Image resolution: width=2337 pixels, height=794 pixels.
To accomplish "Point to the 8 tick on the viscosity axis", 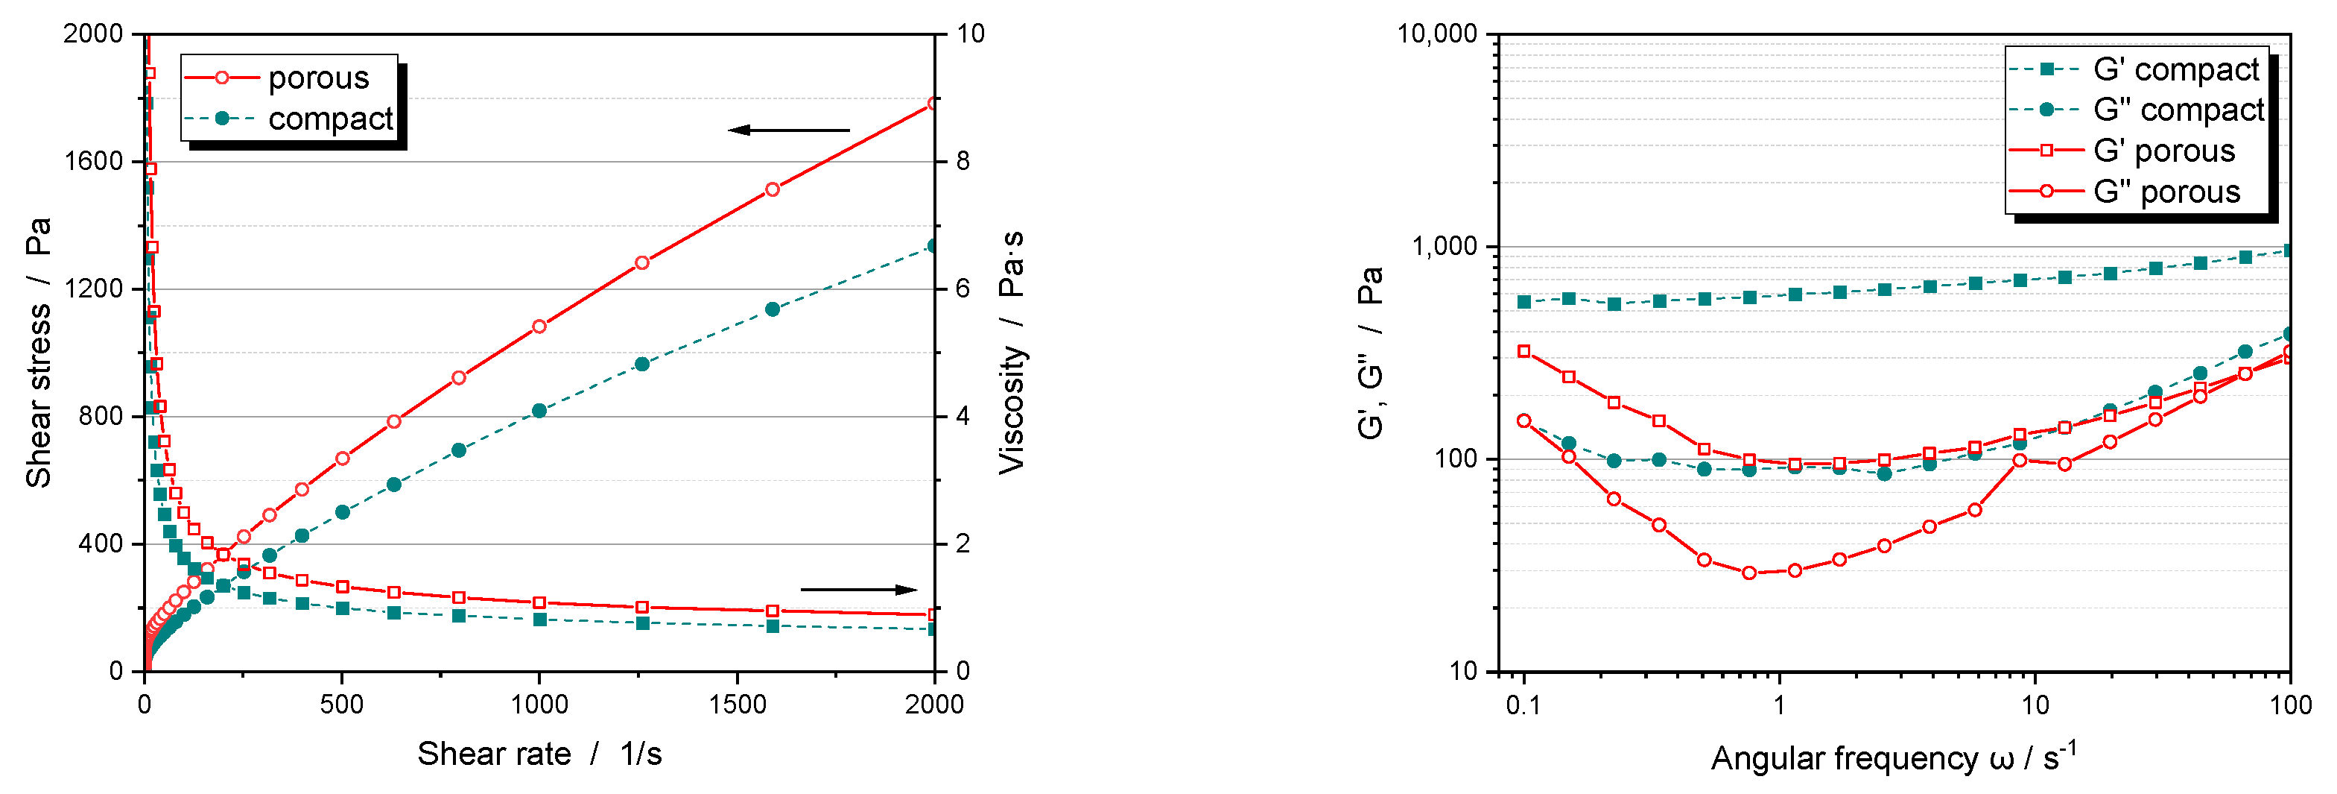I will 963,162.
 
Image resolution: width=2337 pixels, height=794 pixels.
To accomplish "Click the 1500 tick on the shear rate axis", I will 737,705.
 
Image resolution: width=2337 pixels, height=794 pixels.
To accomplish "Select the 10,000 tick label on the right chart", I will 1438,34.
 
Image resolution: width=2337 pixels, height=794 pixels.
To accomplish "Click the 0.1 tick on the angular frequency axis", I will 1523,705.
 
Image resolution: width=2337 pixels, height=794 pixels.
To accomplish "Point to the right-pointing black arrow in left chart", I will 858,590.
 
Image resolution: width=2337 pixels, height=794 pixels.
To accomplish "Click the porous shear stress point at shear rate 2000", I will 933,104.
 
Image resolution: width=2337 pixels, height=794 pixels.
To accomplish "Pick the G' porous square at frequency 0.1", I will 1524,351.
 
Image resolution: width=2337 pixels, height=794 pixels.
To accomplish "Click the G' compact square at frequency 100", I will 2289,251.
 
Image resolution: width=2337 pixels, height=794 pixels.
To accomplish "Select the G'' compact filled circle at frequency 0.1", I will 1524,421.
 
